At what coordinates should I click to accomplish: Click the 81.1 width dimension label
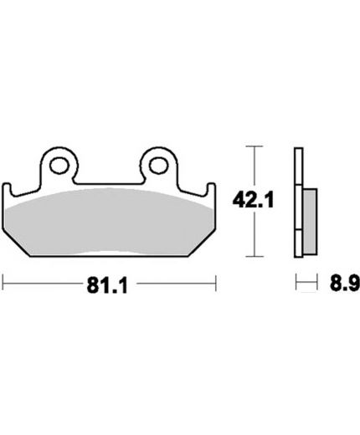[x=107, y=285]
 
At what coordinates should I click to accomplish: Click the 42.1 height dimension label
[x=253, y=200]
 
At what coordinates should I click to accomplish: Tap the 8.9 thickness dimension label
[x=344, y=284]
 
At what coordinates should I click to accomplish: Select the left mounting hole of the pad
[x=59, y=166]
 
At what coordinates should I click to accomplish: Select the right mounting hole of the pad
[x=159, y=166]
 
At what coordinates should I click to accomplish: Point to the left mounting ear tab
[x=59, y=165]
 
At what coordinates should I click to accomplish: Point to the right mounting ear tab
[x=159, y=165]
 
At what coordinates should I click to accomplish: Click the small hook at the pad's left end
[x=7, y=189]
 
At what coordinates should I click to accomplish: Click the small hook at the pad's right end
[x=211, y=189]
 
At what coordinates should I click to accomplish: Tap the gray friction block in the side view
[x=310, y=222]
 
